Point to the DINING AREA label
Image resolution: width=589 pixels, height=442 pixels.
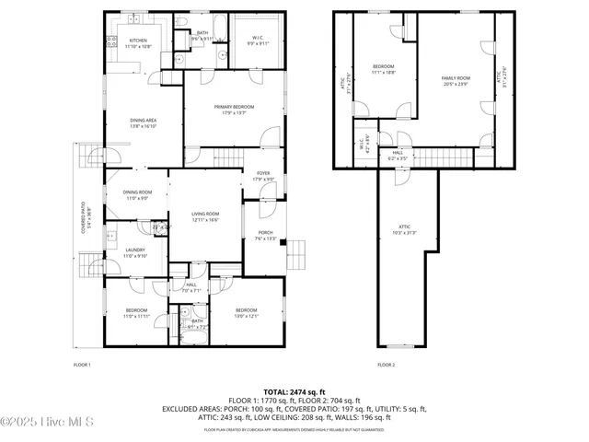142,122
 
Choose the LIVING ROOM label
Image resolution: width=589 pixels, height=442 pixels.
205,215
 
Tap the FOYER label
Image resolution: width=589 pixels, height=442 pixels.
262,177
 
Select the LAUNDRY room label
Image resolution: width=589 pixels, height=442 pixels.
136,252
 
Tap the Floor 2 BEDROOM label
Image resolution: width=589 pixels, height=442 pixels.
383,68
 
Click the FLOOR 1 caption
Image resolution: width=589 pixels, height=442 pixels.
82,366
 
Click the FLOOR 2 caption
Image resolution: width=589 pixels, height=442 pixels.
386,366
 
